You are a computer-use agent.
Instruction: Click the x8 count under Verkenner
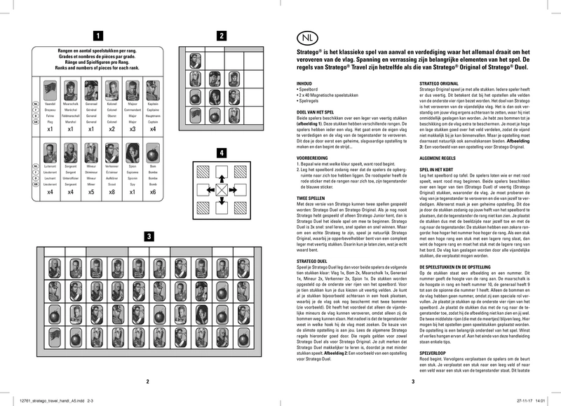pyautogui.click(x=113, y=191)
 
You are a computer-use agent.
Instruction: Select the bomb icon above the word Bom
pyautogui.click(x=153, y=149)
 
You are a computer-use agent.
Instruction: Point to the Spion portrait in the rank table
pyautogui.click(x=133, y=149)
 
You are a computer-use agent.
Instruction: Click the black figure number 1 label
pyautogui.click(x=99, y=36)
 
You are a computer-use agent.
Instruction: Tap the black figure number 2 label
pyautogui.click(x=222, y=36)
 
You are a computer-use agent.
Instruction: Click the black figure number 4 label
pyautogui.click(x=222, y=152)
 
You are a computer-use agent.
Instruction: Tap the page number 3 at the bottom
pyautogui.click(x=413, y=381)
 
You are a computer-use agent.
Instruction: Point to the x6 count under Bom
pyautogui.click(x=153, y=191)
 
